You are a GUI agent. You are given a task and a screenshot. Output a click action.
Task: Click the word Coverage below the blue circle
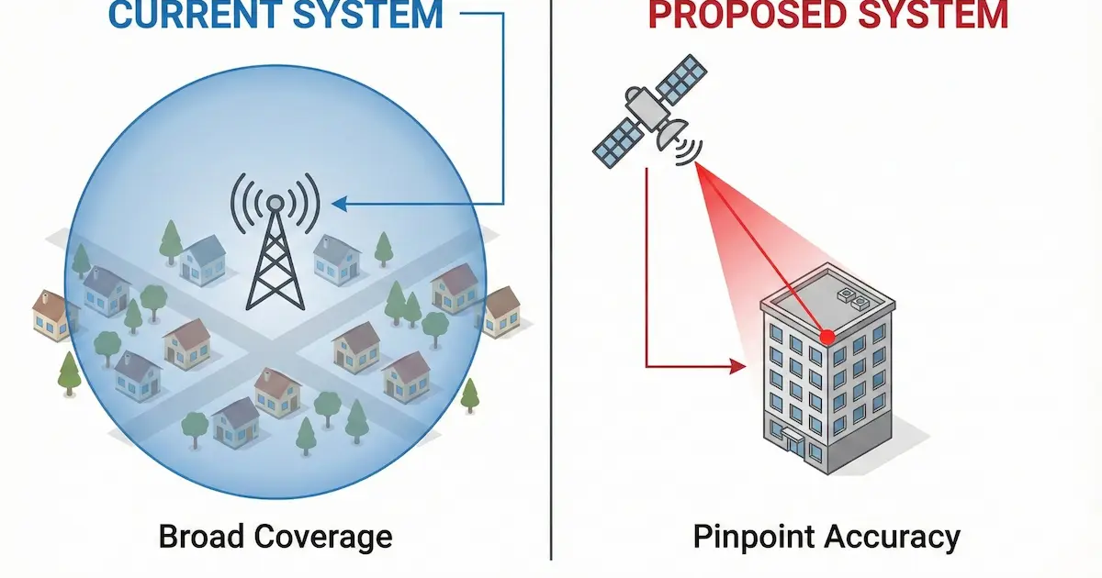coord(321,537)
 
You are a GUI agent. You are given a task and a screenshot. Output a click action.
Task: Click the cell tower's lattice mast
coord(275,261)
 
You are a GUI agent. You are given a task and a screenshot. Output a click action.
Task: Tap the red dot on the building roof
coord(826,338)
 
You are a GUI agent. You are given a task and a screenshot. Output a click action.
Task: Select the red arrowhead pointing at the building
coord(737,367)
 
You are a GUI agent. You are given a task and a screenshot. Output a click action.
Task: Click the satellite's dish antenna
coord(672,135)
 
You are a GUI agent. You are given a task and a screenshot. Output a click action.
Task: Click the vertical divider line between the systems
coord(552,275)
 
